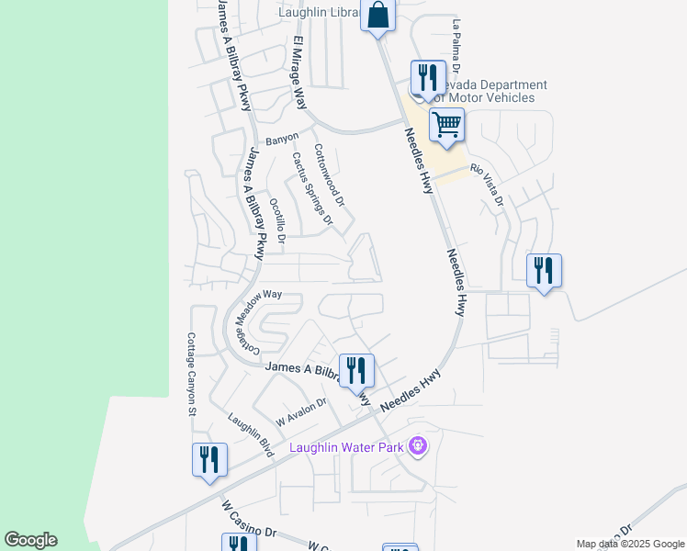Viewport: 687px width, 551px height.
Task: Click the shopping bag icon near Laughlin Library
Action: point(377,16)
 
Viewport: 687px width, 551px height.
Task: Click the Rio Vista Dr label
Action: point(488,184)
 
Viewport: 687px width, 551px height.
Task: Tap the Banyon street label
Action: point(282,140)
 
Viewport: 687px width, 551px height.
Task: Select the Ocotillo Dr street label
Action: point(277,220)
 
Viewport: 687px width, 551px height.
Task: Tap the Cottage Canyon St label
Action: point(192,374)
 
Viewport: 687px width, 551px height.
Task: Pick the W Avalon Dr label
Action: point(301,411)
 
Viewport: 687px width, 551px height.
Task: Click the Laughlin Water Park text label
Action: point(347,448)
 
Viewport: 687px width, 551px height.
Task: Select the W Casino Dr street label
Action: point(249,519)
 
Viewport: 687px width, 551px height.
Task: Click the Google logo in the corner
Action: point(30,539)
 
